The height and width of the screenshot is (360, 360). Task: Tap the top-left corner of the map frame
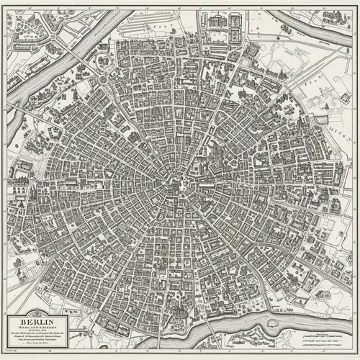pos(2,2)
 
